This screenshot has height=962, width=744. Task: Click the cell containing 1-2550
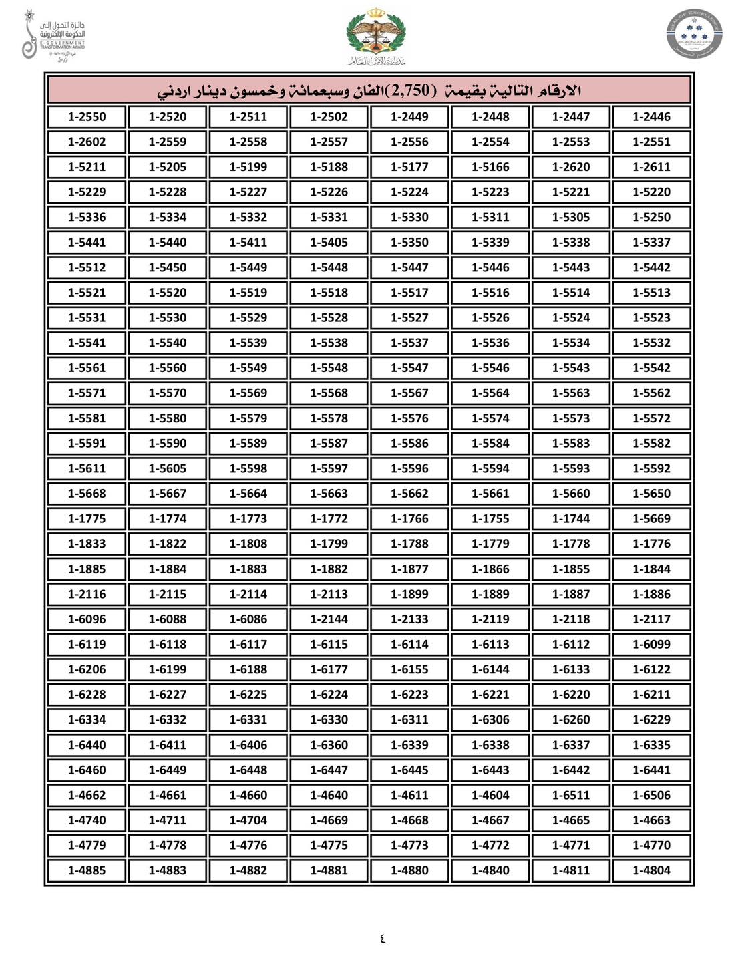(x=87, y=117)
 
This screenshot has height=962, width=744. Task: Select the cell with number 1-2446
(x=651, y=117)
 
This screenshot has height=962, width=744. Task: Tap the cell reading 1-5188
(x=329, y=167)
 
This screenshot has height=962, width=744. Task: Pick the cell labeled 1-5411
(x=248, y=243)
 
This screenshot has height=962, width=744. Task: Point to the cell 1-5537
(x=409, y=343)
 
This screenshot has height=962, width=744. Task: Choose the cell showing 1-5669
(x=651, y=518)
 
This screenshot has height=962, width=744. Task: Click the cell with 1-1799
(x=329, y=544)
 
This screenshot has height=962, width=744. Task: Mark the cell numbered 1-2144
(x=329, y=619)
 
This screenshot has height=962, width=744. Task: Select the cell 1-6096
(x=87, y=619)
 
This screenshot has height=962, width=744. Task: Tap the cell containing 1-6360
(x=329, y=745)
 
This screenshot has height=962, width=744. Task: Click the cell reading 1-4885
(x=87, y=870)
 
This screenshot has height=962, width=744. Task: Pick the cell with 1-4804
(x=651, y=870)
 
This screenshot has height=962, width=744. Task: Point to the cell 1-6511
(x=571, y=795)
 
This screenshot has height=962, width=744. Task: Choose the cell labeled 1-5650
(x=651, y=494)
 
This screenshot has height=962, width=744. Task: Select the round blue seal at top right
(x=694, y=33)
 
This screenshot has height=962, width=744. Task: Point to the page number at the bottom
(x=382, y=938)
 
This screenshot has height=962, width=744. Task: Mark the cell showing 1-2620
(x=571, y=167)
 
